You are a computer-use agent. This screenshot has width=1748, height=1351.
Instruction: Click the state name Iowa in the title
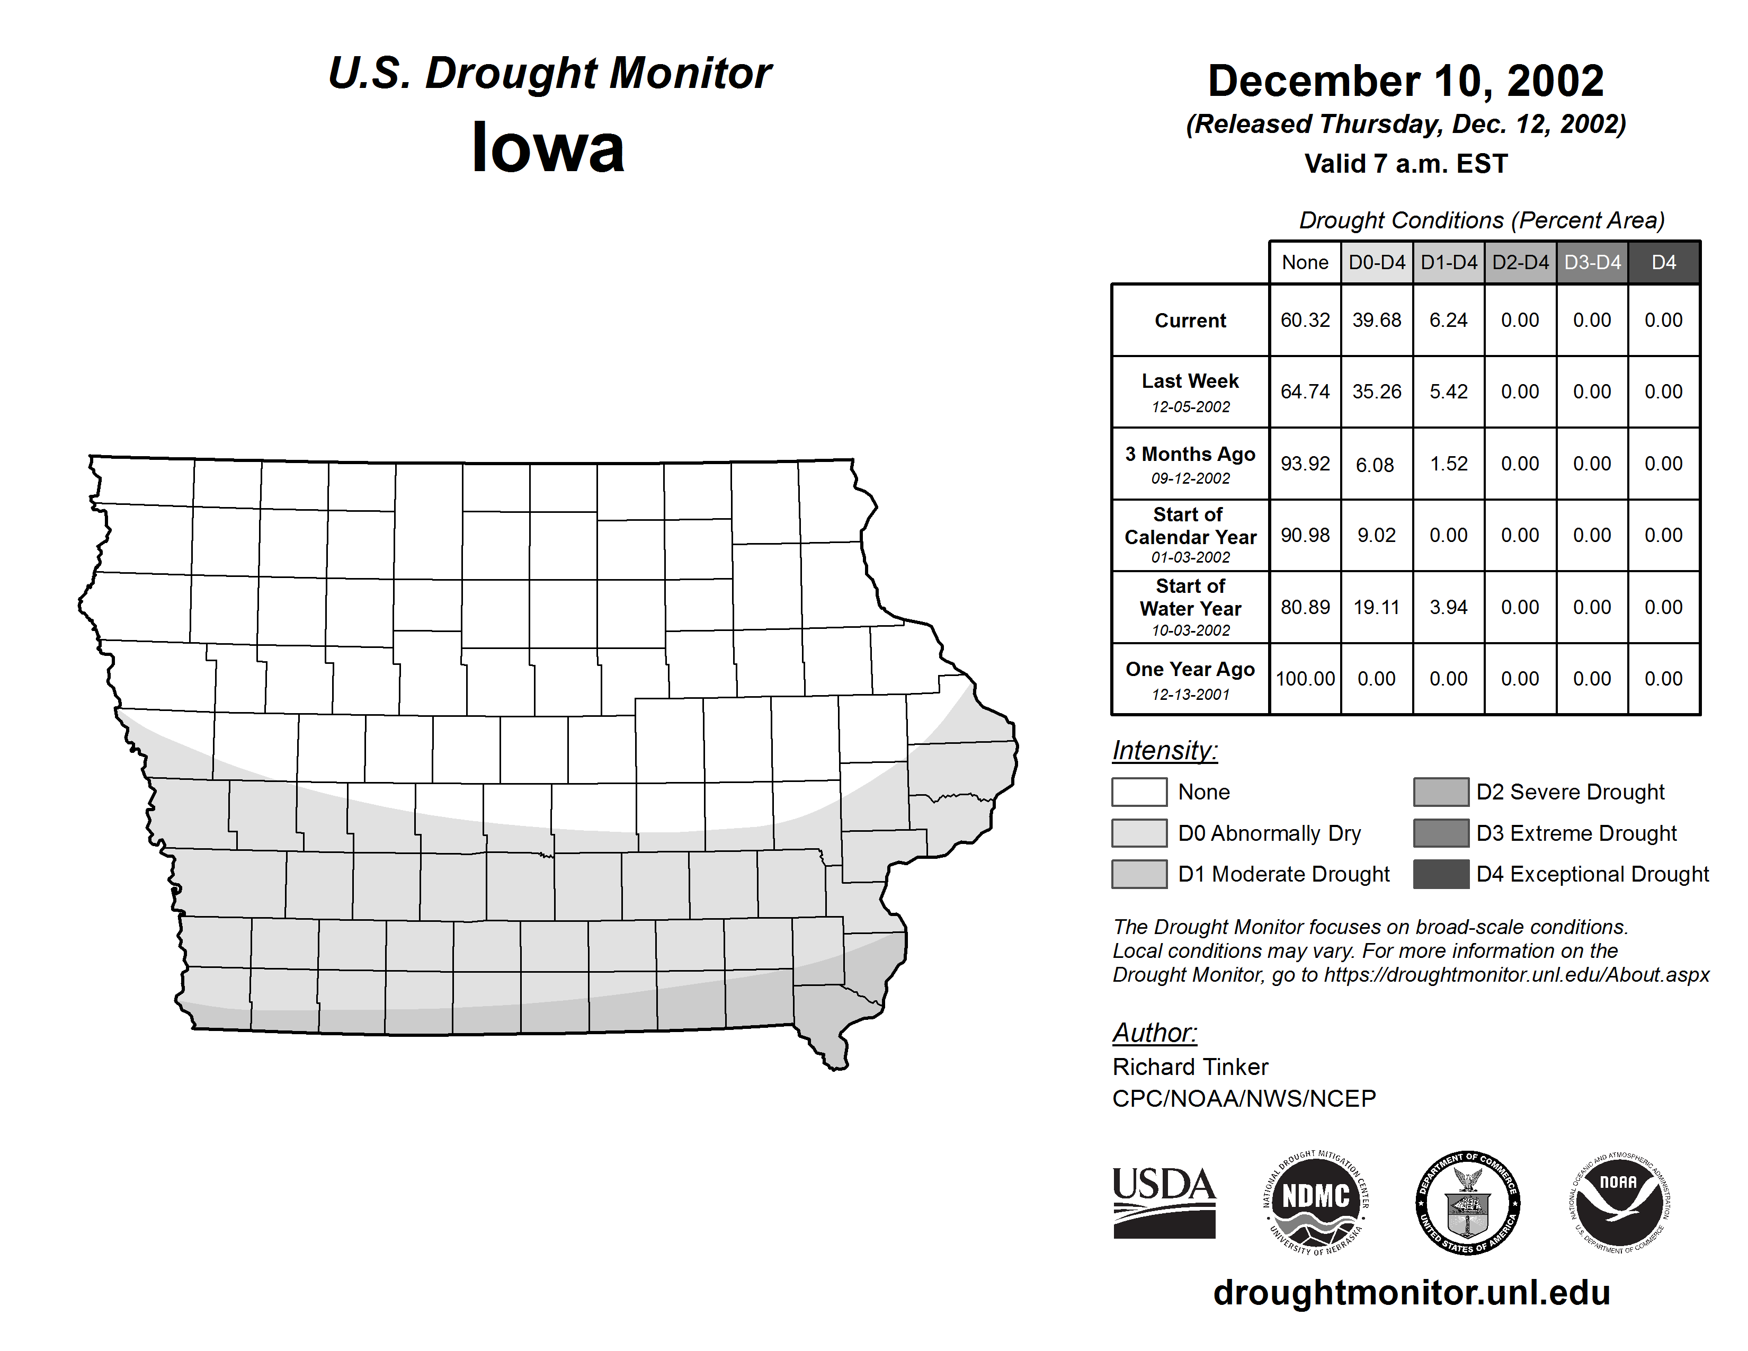548,148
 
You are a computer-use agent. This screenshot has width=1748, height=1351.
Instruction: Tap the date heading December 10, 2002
1405,82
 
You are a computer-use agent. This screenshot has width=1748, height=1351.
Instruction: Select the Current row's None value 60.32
1305,320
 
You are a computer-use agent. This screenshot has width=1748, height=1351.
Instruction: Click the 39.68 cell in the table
1377,320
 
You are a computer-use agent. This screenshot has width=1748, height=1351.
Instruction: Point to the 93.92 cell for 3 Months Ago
1305,464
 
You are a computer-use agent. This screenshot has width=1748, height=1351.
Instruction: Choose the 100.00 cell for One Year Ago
1305,679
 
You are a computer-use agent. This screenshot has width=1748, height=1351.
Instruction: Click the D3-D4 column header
1592,262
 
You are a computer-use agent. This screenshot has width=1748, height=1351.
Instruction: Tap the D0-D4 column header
1377,262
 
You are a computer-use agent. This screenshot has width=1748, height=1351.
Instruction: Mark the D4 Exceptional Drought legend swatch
1441,874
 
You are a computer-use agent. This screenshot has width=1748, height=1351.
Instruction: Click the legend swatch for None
1139,792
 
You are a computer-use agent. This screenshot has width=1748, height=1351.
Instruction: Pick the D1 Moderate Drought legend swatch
1139,874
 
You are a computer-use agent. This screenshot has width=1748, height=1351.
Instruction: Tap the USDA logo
1164,1202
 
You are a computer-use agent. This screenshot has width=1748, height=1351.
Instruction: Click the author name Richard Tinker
1190,1067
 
